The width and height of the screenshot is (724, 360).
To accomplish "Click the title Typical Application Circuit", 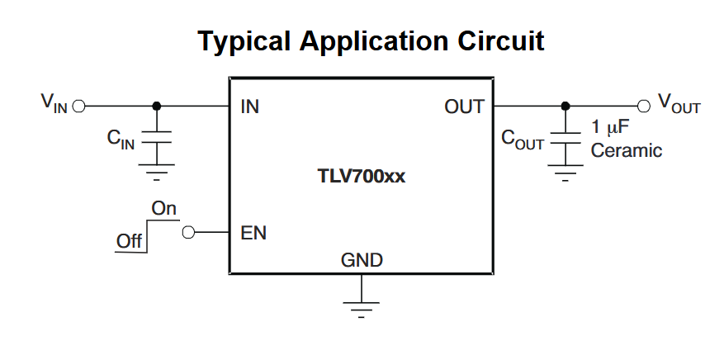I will pyautogui.click(x=371, y=40).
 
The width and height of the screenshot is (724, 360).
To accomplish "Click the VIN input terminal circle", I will pyautogui.click(x=79, y=107).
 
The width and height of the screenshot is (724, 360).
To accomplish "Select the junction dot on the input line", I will pyautogui.click(x=157, y=107).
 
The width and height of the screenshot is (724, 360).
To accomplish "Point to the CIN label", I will pyautogui.click(x=121, y=139).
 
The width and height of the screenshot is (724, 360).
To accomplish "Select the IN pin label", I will pyautogui.click(x=249, y=107).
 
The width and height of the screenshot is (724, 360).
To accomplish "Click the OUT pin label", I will pyautogui.click(x=464, y=107).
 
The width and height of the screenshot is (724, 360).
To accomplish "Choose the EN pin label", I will pyautogui.click(x=253, y=233).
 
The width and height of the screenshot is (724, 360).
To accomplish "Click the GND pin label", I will pyautogui.click(x=362, y=261).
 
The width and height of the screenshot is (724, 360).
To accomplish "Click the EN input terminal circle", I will pyautogui.click(x=188, y=233).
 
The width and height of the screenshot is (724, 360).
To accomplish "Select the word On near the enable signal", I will pyautogui.click(x=163, y=209).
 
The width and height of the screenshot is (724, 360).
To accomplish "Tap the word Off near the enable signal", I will pyautogui.click(x=129, y=241).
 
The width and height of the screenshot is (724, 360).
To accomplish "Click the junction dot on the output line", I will pyautogui.click(x=565, y=107).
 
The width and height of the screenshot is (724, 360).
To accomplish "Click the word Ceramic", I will pyautogui.click(x=627, y=151).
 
